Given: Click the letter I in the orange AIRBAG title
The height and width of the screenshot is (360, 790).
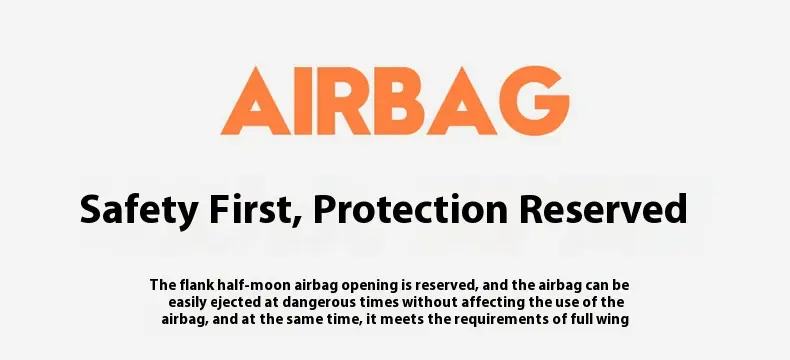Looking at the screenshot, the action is coord(304,101).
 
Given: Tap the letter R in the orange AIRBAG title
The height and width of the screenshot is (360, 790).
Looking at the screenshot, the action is coord(346,101).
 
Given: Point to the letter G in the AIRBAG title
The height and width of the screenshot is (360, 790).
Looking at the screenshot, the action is coord(535,101).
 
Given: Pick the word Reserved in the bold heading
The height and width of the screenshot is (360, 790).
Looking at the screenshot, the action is coord(603,210).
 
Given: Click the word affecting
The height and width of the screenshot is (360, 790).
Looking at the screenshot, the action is coord(484,303).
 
